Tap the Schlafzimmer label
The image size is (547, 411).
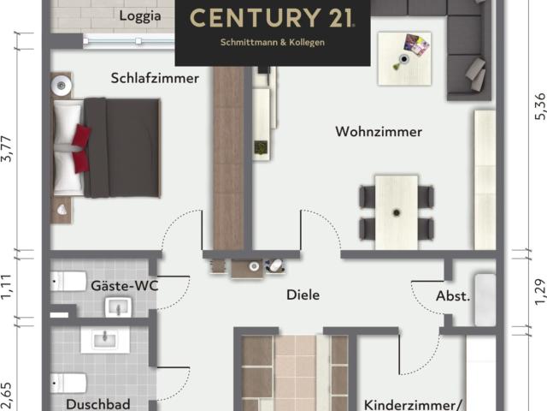coord(155,78)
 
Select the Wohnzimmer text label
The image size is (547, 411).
coord(379,132)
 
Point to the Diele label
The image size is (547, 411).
coord(303,295)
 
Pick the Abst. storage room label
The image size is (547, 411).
coord(453,296)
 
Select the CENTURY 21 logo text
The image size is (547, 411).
coord(272,18)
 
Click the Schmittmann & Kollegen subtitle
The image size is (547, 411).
coord(272,42)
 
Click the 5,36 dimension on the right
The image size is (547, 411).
coord(538,104)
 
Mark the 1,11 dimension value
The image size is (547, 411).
coord(8,286)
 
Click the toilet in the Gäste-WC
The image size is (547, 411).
coord(68,281)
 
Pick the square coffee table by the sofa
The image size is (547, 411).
coord(404,57)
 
